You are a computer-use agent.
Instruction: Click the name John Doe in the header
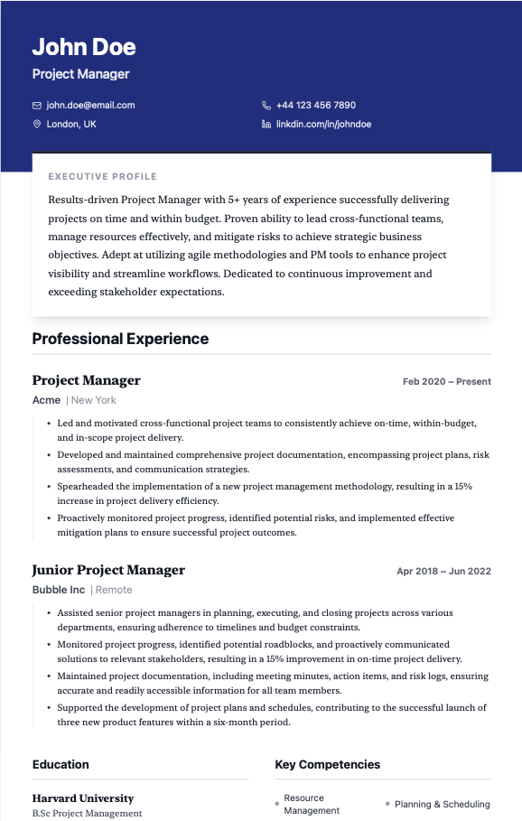tap(84, 47)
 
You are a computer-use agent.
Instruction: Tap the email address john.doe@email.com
tap(90, 105)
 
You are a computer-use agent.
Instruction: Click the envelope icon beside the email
tap(37, 106)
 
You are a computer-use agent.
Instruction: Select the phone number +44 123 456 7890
tap(316, 105)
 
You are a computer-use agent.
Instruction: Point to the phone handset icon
tap(266, 106)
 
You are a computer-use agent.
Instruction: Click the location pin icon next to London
tap(37, 125)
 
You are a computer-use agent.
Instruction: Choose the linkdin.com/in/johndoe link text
tap(323, 124)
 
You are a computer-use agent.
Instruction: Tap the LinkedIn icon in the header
tap(266, 124)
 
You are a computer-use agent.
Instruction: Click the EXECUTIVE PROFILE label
tap(102, 177)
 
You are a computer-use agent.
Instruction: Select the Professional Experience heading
tap(120, 339)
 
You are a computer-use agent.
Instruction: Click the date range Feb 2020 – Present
tap(446, 381)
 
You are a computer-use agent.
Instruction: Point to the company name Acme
tap(46, 400)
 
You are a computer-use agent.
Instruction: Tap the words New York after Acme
tap(94, 400)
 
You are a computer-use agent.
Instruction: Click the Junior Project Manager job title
tap(108, 570)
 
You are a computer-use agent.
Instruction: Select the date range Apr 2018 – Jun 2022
tap(443, 571)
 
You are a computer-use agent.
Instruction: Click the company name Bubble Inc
tap(59, 590)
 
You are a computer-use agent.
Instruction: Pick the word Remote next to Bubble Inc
tap(114, 590)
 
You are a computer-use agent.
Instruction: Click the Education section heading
tap(61, 764)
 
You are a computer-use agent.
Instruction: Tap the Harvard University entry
tap(83, 798)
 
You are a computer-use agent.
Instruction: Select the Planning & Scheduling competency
tap(442, 804)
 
